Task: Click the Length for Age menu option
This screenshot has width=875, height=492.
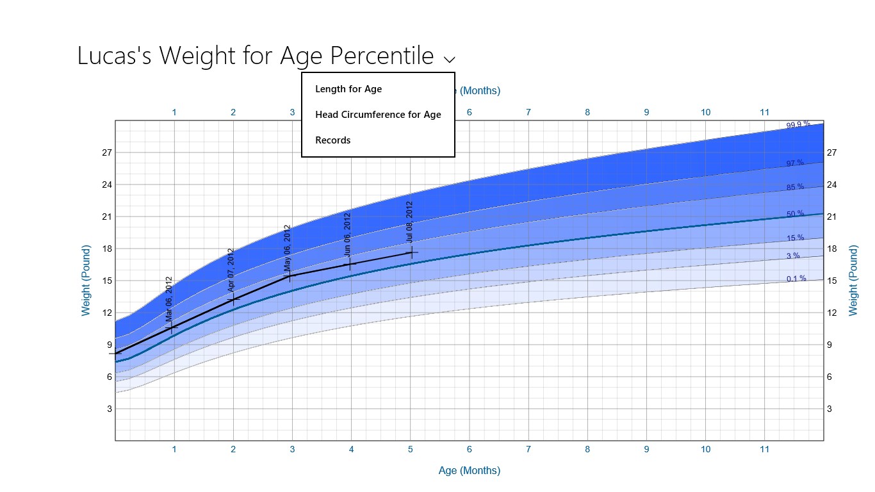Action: point(348,89)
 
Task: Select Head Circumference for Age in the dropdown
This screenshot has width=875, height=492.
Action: point(378,115)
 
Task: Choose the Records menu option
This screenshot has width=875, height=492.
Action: point(333,140)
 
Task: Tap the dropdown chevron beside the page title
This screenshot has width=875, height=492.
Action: point(450,60)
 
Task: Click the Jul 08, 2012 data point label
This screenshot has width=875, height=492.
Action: point(409,222)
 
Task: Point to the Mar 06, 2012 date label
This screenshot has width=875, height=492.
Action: point(169,299)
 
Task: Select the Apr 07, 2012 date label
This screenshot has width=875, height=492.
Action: point(231,270)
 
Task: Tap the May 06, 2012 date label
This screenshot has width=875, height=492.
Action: point(288,247)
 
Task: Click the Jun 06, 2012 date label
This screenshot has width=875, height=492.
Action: point(347,234)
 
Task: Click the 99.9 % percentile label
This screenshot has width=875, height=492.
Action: point(798,125)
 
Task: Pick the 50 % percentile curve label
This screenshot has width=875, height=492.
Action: point(796,214)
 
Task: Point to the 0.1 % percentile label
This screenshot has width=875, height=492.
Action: point(796,279)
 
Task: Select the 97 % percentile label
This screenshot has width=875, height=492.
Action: point(795,163)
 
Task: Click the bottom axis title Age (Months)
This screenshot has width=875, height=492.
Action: point(469,471)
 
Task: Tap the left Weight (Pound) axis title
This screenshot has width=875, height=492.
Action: point(86,281)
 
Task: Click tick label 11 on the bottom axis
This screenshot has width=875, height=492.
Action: point(764,450)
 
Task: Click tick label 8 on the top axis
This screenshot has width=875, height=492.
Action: point(587,113)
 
